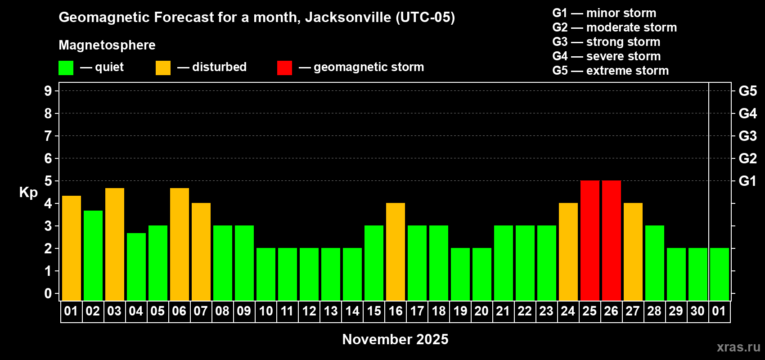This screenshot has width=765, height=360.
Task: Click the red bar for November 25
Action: click(589, 241)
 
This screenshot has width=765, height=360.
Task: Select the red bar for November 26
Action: click(611, 241)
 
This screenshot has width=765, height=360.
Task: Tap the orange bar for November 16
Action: click(395, 252)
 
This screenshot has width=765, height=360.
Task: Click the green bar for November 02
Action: click(93, 256)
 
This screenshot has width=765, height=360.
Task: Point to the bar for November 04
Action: click(136, 267)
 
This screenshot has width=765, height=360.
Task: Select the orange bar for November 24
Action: click(568, 252)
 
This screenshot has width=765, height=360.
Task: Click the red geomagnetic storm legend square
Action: click(284, 68)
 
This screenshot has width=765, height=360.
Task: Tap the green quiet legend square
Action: click(66, 68)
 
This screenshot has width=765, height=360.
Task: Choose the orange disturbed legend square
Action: click(163, 68)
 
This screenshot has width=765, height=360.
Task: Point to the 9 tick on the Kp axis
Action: click(48, 91)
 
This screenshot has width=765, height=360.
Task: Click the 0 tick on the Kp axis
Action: click(48, 294)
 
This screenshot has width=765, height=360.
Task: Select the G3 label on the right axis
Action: click(747, 136)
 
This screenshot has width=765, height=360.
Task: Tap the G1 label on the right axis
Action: click(747, 181)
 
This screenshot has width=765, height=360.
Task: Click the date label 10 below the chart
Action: click(265, 311)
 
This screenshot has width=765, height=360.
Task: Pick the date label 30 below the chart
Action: click(697, 311)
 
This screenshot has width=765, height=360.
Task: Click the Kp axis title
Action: click(28, 193)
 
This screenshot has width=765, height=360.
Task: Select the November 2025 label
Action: click(395, 339)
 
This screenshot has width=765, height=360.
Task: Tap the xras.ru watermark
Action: click(738, 347)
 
